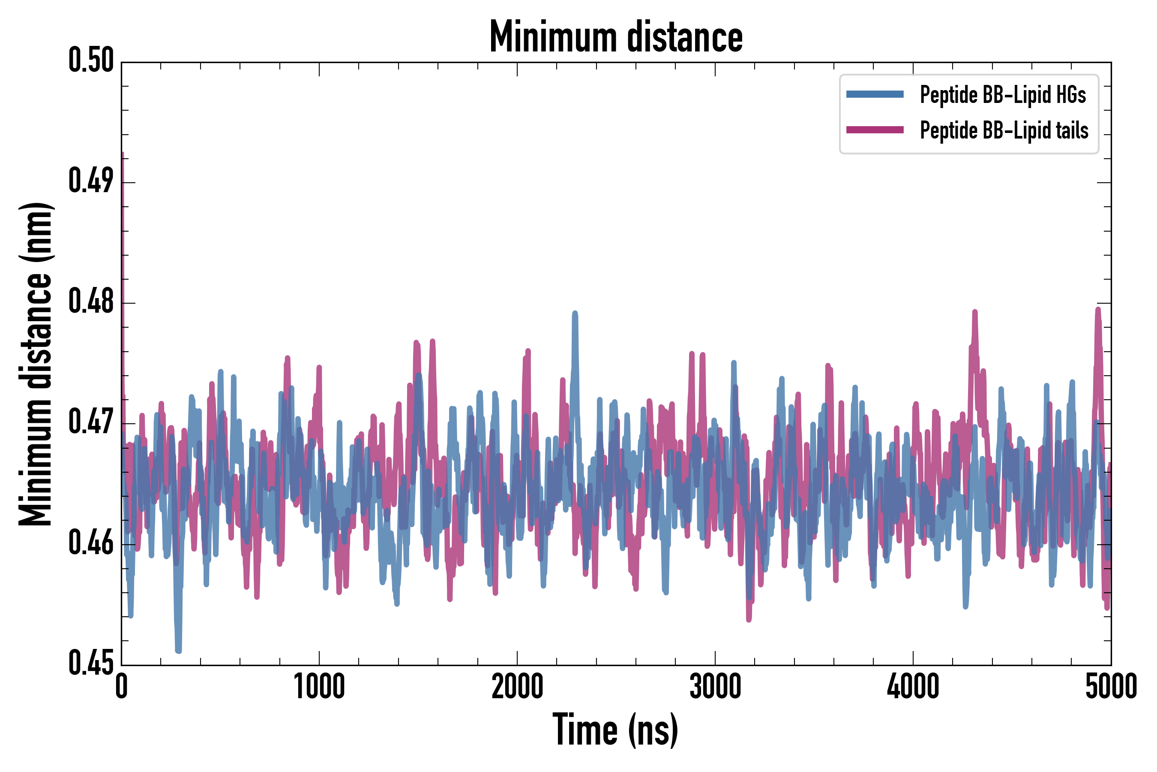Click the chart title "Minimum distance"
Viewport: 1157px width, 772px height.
[x=616, y=37]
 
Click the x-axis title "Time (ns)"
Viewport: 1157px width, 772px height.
[x=615, y=730]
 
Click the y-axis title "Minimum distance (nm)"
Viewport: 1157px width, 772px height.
[x=36, y=364]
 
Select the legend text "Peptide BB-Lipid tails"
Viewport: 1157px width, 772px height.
[x=1004, y=130]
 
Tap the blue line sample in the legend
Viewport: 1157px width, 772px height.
[x=875, y=94]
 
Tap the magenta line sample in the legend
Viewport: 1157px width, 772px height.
[x=875, y=130]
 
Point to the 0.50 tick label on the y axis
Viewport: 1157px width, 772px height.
[x=91, y=60]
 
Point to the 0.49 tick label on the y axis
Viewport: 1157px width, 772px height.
[x=91, y=181]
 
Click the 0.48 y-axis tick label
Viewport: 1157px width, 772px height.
[x=91, y=302]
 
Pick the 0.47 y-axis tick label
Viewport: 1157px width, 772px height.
[x=91, y=422]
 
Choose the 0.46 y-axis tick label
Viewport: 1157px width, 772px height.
[x=91, y=543]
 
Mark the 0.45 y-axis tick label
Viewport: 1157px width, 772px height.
[x=91, y=663]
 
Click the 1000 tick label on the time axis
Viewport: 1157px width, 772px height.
[x=319, y=687]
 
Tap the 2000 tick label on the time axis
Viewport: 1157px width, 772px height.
[x=517, y=687]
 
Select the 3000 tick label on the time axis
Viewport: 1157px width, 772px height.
[x=715, y=687]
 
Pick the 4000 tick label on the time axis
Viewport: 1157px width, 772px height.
[x=913, y=687]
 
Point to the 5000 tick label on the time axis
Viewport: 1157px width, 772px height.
[x=1111, y=687]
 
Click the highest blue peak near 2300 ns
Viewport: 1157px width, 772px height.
[x=575, y=313]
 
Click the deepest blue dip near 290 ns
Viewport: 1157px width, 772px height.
[x=178, y=651]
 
